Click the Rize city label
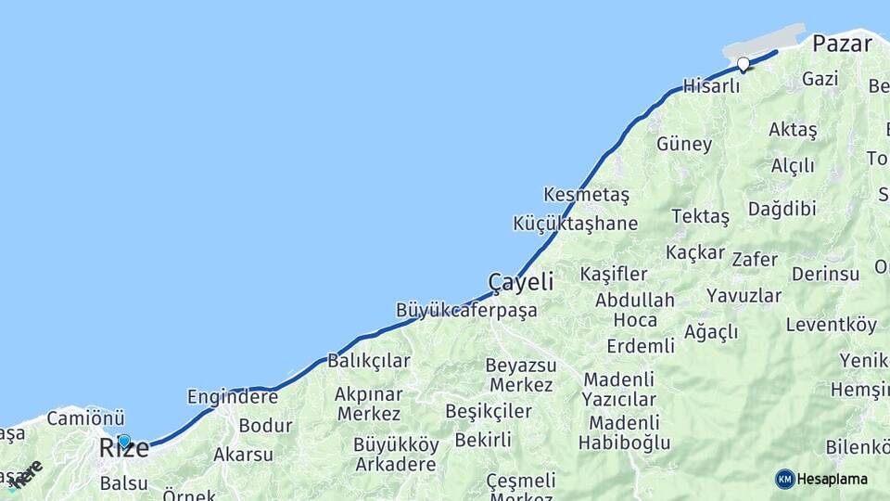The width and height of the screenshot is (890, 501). click(123, 449)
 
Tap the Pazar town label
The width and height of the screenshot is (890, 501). click(842, 44)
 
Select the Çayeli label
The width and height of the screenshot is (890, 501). click(521, 281)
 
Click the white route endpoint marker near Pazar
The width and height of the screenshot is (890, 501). click(744, 64)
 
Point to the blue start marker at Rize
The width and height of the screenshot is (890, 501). click(124, 441)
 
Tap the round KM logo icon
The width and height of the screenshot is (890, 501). click(785, 479)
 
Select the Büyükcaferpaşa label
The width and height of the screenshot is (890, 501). click(466, 310)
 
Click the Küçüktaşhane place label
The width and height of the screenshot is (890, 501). click(575, 224)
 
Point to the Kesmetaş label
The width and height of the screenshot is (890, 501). click(587, 195)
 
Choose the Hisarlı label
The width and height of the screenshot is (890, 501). click(711, 86)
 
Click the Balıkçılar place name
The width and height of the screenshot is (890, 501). click(369, 360)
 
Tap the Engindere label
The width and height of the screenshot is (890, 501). click(232, 397)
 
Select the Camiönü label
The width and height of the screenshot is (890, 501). click(85, 418)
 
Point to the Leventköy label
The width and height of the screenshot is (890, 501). click(831, 325)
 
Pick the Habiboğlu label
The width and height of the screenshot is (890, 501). click(624, 443)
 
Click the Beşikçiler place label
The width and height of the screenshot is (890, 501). click(489, 410)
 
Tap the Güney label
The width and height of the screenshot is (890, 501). click(684, 144)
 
